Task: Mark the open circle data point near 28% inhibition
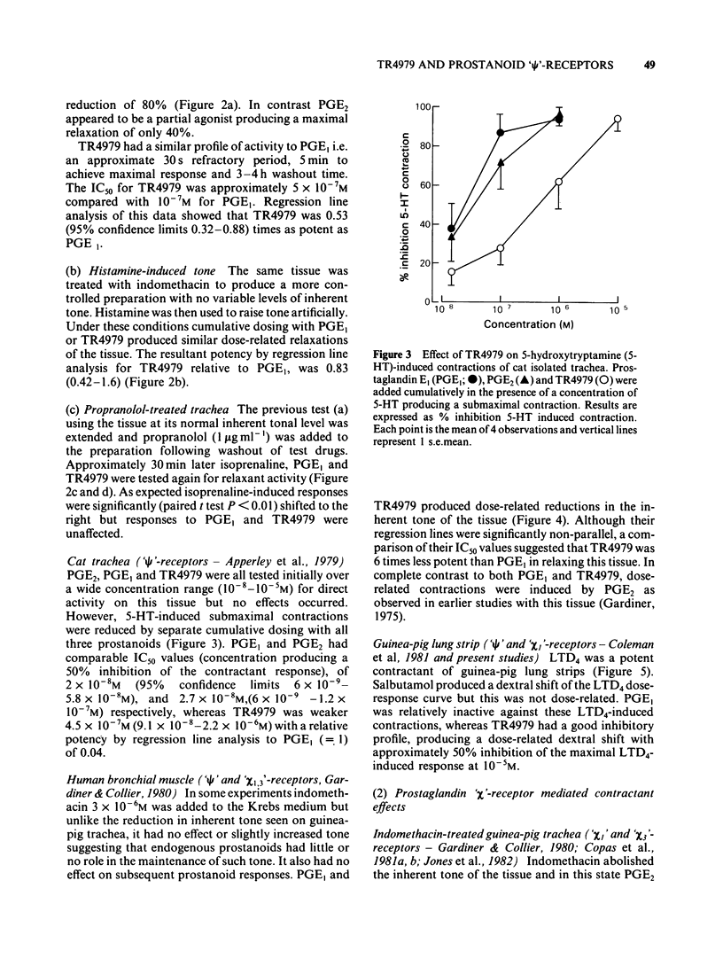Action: tap(501, 248)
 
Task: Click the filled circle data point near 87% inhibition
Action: tap(501, 132)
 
